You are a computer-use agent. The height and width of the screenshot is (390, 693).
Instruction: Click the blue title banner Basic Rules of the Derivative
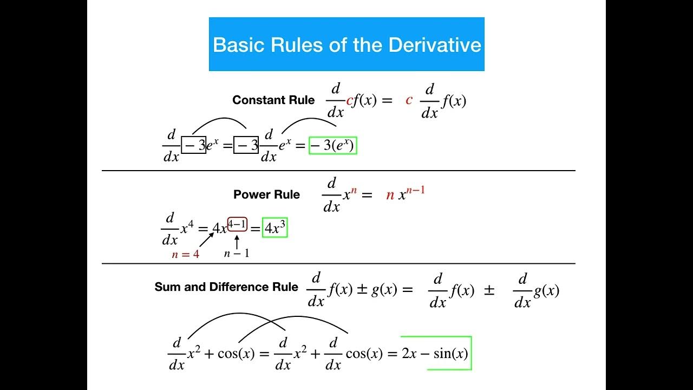(x=346, y=44)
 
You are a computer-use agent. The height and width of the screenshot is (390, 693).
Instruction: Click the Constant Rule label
(x=273, y=100)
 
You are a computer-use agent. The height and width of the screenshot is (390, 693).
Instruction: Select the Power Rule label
(x=266, y=195)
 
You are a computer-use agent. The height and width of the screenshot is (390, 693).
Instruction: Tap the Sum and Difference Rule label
(x=226, y=287)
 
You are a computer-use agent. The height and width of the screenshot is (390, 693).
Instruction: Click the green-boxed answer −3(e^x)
(x=332, y=146)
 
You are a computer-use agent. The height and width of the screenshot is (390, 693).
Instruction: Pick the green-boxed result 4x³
(x=274, y=229)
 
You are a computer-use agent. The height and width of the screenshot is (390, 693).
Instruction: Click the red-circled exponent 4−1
(x=237, y=224)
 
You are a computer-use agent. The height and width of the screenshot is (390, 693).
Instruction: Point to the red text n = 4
(x=185, y=254)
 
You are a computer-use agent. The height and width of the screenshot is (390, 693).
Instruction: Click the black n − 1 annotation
(x=237, y=253)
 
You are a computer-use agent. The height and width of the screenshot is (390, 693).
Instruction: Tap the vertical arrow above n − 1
(x=237, y=241)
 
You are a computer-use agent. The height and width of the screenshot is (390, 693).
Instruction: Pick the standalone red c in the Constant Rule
(x=409, y=100)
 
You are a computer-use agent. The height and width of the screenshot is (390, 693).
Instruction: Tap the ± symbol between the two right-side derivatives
(x=489, y=290)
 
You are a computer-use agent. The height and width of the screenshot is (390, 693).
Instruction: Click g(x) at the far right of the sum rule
(x=546, y=291)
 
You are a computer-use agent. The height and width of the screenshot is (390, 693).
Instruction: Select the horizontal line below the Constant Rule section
(x=338, y=171)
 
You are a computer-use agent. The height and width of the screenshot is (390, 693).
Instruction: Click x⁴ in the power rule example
(x=187, y=228)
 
